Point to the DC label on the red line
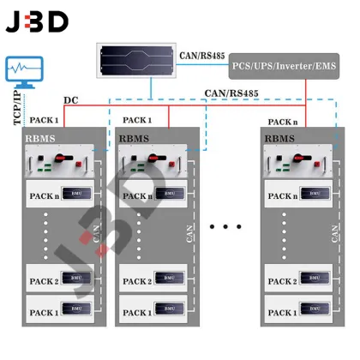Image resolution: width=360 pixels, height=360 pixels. pos(71,101)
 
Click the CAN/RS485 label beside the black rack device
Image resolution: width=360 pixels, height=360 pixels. pos(203,57)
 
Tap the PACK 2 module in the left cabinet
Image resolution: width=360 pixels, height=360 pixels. pos(61,280)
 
